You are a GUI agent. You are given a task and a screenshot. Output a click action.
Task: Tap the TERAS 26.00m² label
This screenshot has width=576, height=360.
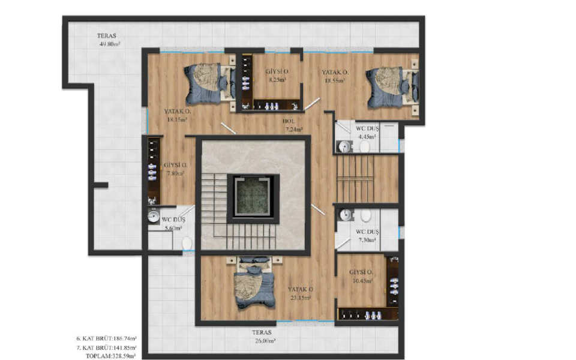(x=264, y=337)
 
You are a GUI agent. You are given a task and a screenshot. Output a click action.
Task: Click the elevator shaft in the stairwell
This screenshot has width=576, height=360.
(x=253, y=198)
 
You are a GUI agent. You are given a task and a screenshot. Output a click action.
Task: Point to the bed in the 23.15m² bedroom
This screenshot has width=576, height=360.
(x=254, y=283)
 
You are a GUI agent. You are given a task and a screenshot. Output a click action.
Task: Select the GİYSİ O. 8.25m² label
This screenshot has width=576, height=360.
(x=277, y=76)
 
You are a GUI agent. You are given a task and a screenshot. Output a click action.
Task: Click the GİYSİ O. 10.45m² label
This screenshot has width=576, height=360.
(x=361, y=277)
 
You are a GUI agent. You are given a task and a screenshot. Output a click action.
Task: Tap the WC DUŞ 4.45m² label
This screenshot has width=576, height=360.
(x=367, y=133)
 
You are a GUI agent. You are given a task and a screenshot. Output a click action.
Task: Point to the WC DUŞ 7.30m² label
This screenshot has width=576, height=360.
(x=367, y=236)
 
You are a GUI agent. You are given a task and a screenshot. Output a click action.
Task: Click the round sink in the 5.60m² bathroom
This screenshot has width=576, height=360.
(x=154, y=216)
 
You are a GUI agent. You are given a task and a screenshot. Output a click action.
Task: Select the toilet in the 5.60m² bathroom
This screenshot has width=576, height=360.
(x=187, y=243)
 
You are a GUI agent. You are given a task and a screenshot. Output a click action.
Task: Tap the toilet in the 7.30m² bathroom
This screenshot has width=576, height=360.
(x=365, y=215)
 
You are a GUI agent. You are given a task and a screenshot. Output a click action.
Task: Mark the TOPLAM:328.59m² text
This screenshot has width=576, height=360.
(x=111, y=356)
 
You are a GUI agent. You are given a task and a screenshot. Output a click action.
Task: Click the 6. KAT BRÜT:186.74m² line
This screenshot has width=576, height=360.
(x=107, y=338)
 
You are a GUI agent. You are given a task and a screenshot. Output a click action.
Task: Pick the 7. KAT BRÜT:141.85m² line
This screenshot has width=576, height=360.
(x=107, y=347)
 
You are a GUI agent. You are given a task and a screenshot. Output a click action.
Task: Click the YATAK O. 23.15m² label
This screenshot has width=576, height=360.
(x=301, y=293)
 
